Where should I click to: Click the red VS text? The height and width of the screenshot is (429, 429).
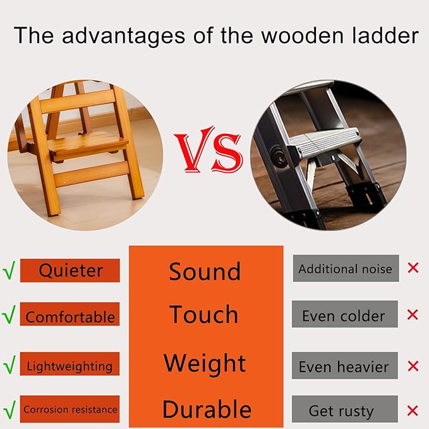coord(208,152)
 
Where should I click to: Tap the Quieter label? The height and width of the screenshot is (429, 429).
coord(70,270)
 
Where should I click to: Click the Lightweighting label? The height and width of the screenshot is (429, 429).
coord(69,366)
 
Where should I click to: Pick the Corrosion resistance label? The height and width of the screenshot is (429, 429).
coord(70,409)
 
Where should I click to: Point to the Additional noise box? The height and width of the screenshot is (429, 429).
coord(345,269)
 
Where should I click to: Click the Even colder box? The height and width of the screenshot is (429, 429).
coord(344,315)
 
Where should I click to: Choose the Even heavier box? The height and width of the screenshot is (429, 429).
coord(344,366)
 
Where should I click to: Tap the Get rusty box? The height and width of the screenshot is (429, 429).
coord(344,410)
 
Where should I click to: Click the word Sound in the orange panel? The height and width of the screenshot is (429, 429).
coord(205,272)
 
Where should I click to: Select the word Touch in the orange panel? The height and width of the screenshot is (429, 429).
coord(204,315)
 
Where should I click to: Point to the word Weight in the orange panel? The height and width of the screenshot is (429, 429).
coord(205,363)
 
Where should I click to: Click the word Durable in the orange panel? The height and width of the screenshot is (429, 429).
coord(207,409)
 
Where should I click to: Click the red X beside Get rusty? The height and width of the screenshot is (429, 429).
coord(413,410)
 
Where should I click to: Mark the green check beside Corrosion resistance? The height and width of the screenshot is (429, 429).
coord(9,409)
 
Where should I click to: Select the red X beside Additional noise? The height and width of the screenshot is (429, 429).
coord(413,268)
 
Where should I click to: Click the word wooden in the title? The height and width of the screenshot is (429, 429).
coord(286,35)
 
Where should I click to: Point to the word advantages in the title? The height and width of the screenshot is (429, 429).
coord(117,35)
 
